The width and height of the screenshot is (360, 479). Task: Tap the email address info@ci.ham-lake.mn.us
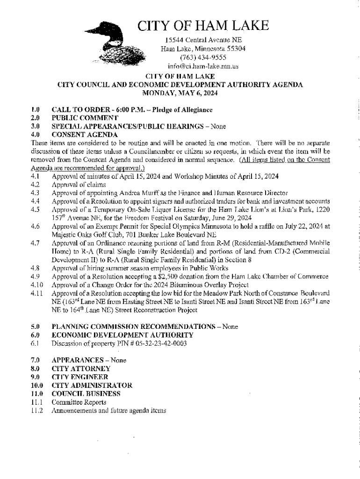(203, 66)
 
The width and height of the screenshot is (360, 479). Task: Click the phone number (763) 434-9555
(203, 57)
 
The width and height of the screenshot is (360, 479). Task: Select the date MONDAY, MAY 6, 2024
(180, 93)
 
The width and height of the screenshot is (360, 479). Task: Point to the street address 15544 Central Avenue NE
(203, 39)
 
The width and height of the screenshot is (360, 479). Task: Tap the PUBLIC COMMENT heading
(85, 118)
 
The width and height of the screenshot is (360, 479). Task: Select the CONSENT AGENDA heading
(84, 135)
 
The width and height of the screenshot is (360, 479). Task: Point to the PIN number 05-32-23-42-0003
(154, 344)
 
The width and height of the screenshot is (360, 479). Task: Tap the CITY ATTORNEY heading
(81, 369)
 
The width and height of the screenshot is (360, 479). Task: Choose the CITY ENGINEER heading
(80, 377)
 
